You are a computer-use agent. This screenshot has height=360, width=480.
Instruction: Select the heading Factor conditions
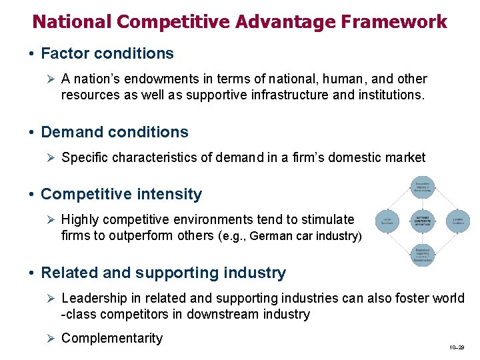click(107, 53)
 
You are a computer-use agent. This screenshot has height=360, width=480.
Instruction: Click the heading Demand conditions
click(115, 132)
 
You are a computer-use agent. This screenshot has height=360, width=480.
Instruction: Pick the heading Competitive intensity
click(121, 194)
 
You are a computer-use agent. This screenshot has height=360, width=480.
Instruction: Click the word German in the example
click(267, 236)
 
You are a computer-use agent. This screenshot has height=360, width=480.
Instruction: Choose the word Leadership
click(93, 298)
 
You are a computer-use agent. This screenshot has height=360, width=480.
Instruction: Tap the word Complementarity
click(111, 338)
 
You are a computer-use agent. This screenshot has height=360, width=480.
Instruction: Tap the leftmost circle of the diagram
click(387, 221)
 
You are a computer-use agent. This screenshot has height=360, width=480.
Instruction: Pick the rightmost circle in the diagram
click(457, 221)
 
